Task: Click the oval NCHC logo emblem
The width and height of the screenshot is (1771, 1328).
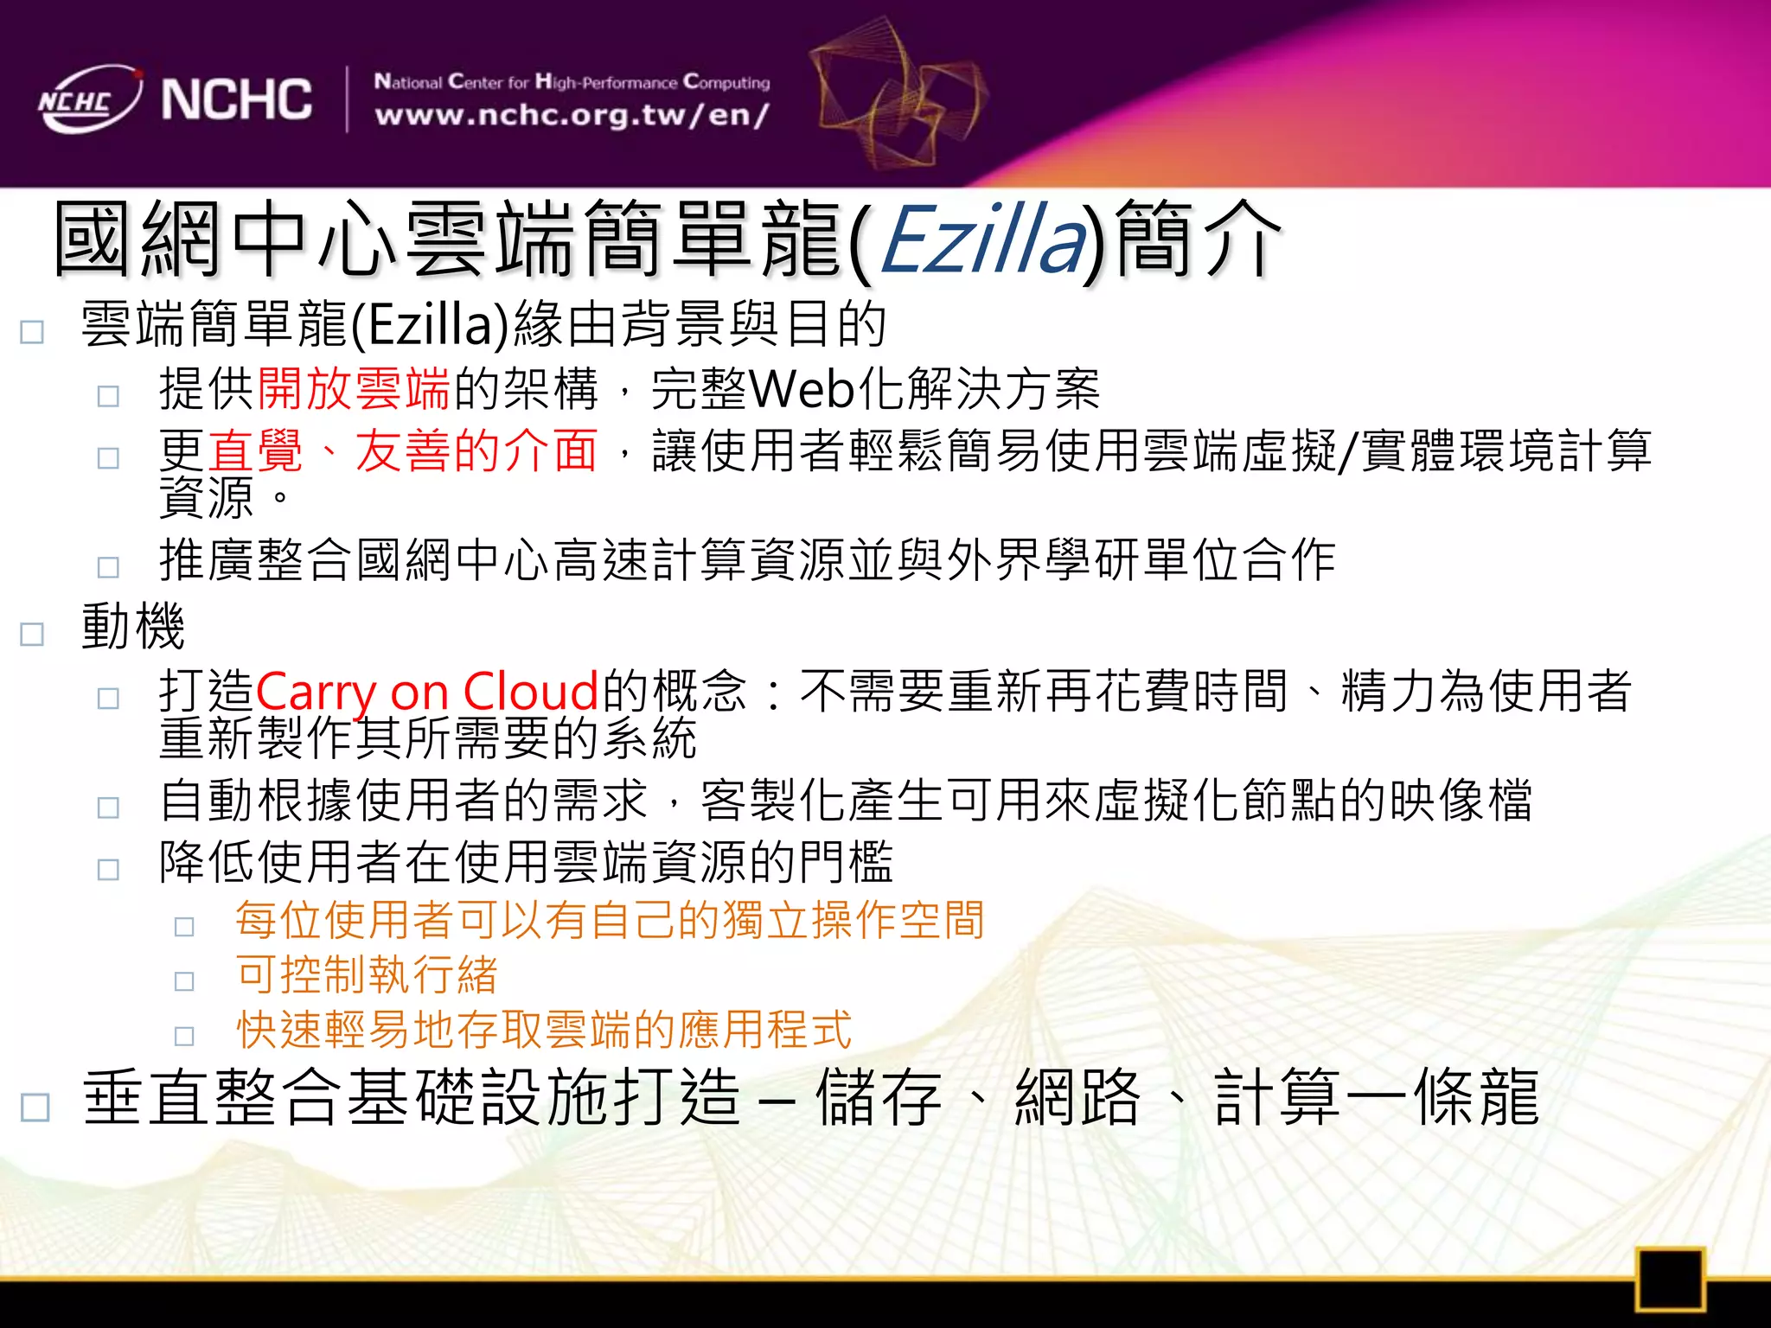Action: (88, 99)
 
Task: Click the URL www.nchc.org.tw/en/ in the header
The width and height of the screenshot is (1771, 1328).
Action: (572, 115)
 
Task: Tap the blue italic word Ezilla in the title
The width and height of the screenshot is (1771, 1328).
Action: (982, 239)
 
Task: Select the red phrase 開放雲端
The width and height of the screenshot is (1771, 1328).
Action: (354, 388)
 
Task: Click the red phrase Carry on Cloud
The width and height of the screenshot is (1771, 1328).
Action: (427, 691)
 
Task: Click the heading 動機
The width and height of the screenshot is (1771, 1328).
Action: (133, 626)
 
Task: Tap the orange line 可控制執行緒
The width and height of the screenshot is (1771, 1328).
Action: (367, 974)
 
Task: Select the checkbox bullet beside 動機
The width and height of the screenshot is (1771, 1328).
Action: (32, 634)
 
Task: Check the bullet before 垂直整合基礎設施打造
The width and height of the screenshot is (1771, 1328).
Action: (35, 1107)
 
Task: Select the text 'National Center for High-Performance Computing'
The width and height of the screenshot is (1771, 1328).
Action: (572, 82)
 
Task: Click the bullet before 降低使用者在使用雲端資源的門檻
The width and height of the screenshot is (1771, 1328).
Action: (108, 868)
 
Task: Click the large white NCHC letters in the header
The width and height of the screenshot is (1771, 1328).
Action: (236, 99)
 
